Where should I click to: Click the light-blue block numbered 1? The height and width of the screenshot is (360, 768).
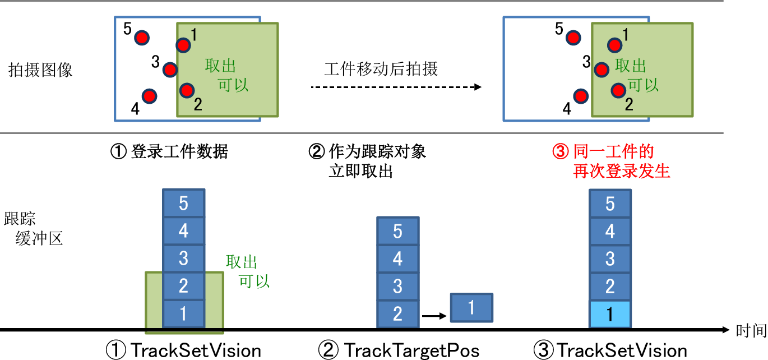click(x=610, y=314)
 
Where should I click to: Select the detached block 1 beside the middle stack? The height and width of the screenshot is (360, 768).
click(x=471, y=307)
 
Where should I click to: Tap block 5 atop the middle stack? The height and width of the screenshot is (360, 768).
click(x=397, y=231)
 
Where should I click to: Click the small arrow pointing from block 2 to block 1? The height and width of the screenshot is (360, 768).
click(x=434, y=316)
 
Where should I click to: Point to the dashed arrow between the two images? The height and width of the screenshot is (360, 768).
click(x=396, y=87)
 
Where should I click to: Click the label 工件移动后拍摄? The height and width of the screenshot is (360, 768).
click(x=381, y=69)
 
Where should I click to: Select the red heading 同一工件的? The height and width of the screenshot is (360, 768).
click(x=614, y=151)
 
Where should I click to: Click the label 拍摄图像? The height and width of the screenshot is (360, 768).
click(x=40, y=70)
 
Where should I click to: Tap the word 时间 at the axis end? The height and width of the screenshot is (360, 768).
click(x=751, y=331)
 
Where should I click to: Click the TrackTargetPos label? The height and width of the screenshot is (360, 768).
click(x=412, y=350)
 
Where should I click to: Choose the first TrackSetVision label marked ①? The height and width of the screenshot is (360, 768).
click(x=196, y=350)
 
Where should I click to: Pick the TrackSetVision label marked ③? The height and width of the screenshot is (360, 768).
click(x=622, y=350)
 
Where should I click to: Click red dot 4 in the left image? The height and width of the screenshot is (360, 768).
click(x=150, y=96)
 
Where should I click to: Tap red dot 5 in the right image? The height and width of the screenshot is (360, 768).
click(x=573, y=38)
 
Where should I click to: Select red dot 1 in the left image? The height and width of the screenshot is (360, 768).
click(x=183, y=45)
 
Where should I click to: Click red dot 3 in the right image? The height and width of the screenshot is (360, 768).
click(x=602, y=70)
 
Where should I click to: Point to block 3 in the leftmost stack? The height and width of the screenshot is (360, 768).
click(x=184, y=258)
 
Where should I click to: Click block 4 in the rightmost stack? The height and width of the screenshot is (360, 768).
click(x=610, y=231)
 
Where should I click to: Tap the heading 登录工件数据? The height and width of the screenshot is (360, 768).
click(x=179, y=151)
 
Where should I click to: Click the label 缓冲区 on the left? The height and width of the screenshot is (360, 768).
click(x=39, y=238)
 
